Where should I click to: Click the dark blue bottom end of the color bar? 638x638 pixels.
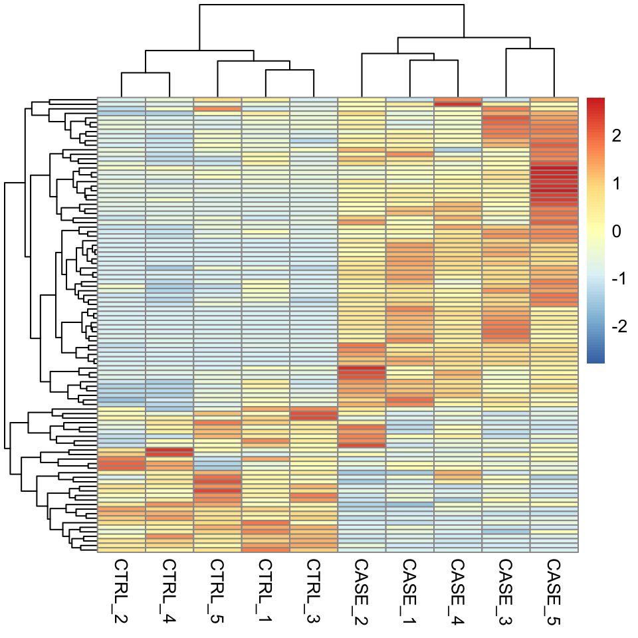[x=595, y=361]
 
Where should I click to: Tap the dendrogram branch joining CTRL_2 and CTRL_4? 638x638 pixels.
[x=146, y=74]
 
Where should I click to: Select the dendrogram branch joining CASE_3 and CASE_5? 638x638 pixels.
[x=530, y=48]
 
